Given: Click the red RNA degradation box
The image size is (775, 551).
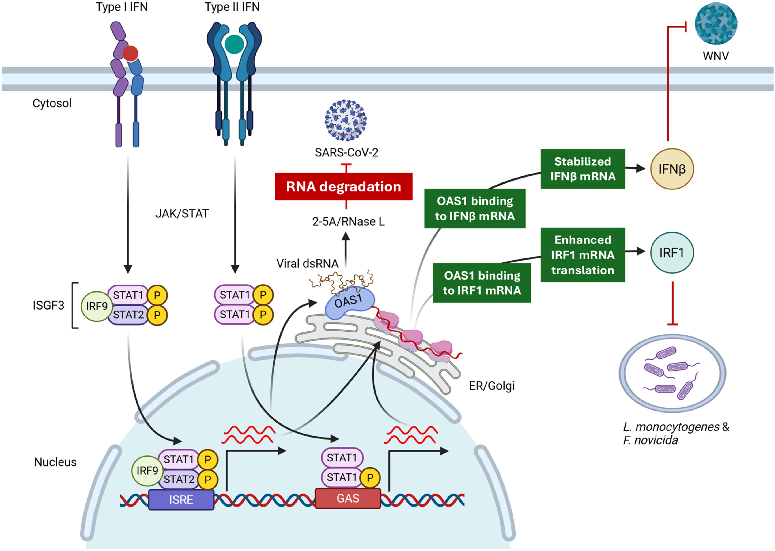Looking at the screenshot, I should coord(343,187).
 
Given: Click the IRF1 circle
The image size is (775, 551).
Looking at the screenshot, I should coord(672,252).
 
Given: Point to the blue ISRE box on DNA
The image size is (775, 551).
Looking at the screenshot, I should coord(181,499).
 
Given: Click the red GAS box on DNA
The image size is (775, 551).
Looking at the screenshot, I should coord(348,498).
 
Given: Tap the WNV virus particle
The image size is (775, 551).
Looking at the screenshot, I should coord(716,23).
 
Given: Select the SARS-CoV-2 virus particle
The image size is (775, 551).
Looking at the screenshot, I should coord(346,120).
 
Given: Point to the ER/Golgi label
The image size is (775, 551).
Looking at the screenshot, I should coord(492,386).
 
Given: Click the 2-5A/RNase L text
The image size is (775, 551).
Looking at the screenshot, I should coord(348,222).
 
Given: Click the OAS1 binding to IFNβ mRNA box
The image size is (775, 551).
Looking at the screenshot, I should coord(475,208).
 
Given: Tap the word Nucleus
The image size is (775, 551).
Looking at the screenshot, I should coord(55,462).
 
